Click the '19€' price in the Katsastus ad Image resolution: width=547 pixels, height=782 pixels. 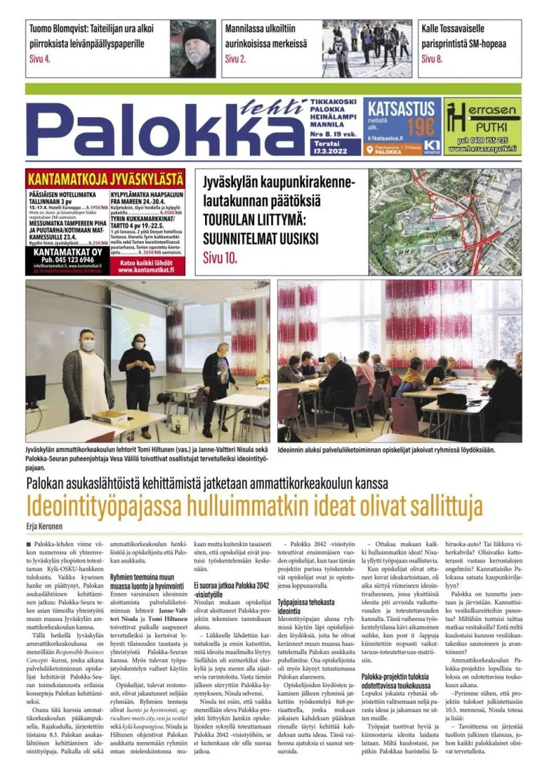(420, 127)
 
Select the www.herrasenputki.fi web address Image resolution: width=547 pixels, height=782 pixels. (482, 149)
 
